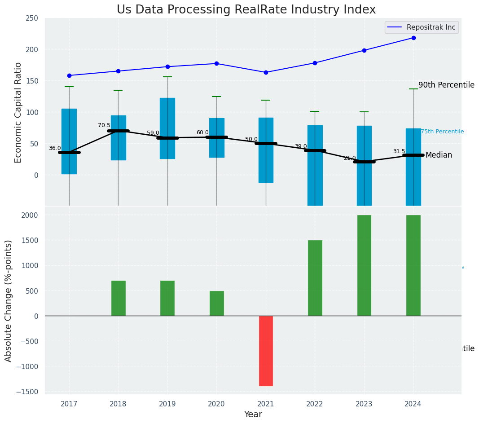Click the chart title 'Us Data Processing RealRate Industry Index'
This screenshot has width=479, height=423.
coord(246,10)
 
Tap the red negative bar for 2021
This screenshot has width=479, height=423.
coord(266,351)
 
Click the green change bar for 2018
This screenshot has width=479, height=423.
coord(119,298)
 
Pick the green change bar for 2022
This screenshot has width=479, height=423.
coord(315,278)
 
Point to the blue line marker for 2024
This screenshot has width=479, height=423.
coord(413,38)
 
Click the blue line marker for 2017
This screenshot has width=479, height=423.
coord(69,75)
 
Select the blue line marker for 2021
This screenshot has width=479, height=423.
coord(266,72)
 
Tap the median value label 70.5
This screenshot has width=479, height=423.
coord(104,125)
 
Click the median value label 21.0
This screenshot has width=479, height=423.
coord(350,158)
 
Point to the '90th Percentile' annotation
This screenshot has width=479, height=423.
coord(446,85)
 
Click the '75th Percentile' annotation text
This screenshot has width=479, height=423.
coord(442,132)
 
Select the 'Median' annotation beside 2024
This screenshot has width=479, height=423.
coord(439,155)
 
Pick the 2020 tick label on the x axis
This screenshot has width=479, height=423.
coord(216,404)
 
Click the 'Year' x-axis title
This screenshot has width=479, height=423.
coord(253,414)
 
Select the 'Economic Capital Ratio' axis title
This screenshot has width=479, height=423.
coord(18,112)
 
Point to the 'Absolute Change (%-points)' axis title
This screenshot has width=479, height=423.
coord(9,300)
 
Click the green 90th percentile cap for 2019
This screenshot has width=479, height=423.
coord(167,77)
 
